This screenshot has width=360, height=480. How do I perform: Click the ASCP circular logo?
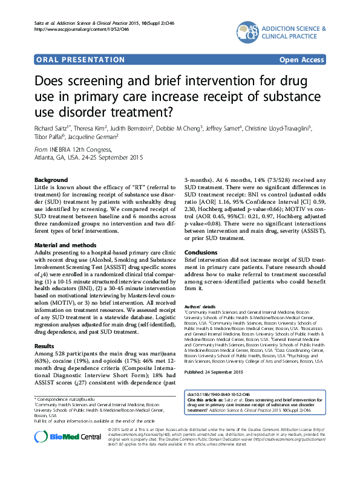250,31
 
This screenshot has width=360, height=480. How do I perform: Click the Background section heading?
51,181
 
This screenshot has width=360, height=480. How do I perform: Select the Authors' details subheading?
200,308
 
